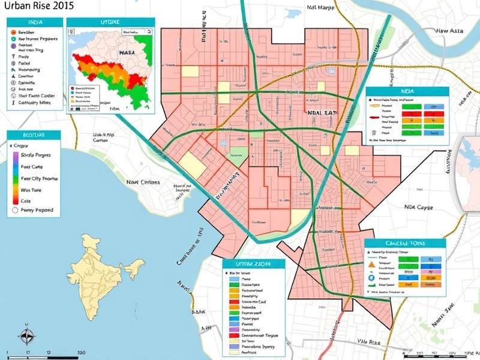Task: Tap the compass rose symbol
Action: [26, 336]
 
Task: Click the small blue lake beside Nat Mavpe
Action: [294, 13]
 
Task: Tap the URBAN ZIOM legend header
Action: [254, 264]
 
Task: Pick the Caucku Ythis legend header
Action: [406, 244]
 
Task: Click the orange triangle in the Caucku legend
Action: [372, 263]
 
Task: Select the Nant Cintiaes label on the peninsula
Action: [143, 182]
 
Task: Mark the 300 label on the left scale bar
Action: [82, 353]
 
